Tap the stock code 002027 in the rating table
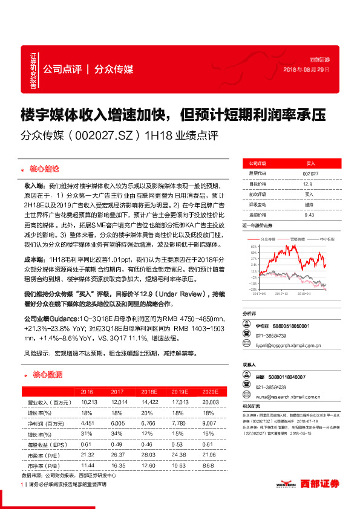(x=310, y=173)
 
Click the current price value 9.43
(x=309, y=215)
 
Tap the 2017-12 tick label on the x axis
(x=282, y=294)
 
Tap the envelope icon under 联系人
(x=247, y=397)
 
